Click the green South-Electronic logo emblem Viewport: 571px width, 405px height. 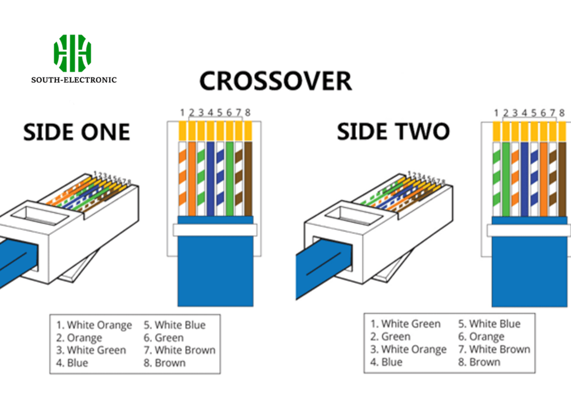(x=72, y=52)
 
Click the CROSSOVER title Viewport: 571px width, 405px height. (x=275, y=81)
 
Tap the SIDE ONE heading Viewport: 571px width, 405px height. (x=76, y=132)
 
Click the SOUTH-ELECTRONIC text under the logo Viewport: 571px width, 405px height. (x=74, y=80)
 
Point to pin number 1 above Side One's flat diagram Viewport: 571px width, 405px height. (x=182, y=113)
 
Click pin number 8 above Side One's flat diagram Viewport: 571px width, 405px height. (x=248, y=113)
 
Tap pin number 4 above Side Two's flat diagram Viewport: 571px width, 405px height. (x=524, y=113)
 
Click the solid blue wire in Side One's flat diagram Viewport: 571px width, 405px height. (x=210, y=179)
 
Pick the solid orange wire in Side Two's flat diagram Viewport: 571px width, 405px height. (x=543, y=179)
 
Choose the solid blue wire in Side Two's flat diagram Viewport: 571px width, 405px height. (x=524, y=179)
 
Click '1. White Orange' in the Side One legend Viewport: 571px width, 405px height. (x=94, y=325)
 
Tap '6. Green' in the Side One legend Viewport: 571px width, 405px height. (x=163, y=338)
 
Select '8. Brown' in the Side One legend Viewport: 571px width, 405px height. (x=166, y=363)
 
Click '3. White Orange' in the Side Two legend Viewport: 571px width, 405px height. (x=409, y=350)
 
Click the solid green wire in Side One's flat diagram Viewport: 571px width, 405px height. (x=229, y=179)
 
